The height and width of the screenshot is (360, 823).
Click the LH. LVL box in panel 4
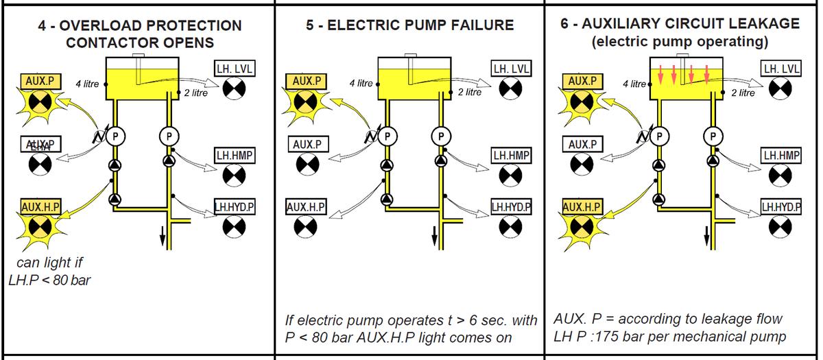pos(233,70)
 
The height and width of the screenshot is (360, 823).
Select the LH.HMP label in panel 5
pos(510,156)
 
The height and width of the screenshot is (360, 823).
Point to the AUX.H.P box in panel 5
pos(306,206)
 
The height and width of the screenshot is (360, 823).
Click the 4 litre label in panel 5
pos(361,83)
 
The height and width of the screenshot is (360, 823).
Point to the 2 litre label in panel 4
pos(195,93)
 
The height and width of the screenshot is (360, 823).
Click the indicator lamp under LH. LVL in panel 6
pos(781,88)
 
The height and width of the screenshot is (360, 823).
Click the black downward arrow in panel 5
pos(434,237)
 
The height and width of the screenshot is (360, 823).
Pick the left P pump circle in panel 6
pos(659,135)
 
